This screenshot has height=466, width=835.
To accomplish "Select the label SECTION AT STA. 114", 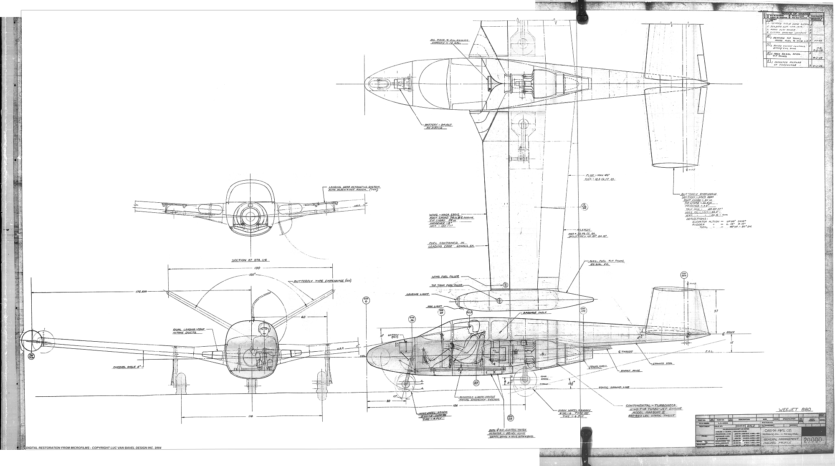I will pyautogui.click(x=251, y=260).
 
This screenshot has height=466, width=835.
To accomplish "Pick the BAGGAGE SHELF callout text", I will pyautogui.click(x=535, y=312).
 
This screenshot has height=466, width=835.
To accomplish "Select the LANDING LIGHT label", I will pyautogui.click(x=418, y=294).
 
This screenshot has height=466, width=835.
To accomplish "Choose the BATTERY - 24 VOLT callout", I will pyautogui.click(x=437, y=126).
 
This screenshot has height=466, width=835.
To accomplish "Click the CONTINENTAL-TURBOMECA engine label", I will pyautogui.click(x=653, y=405).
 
